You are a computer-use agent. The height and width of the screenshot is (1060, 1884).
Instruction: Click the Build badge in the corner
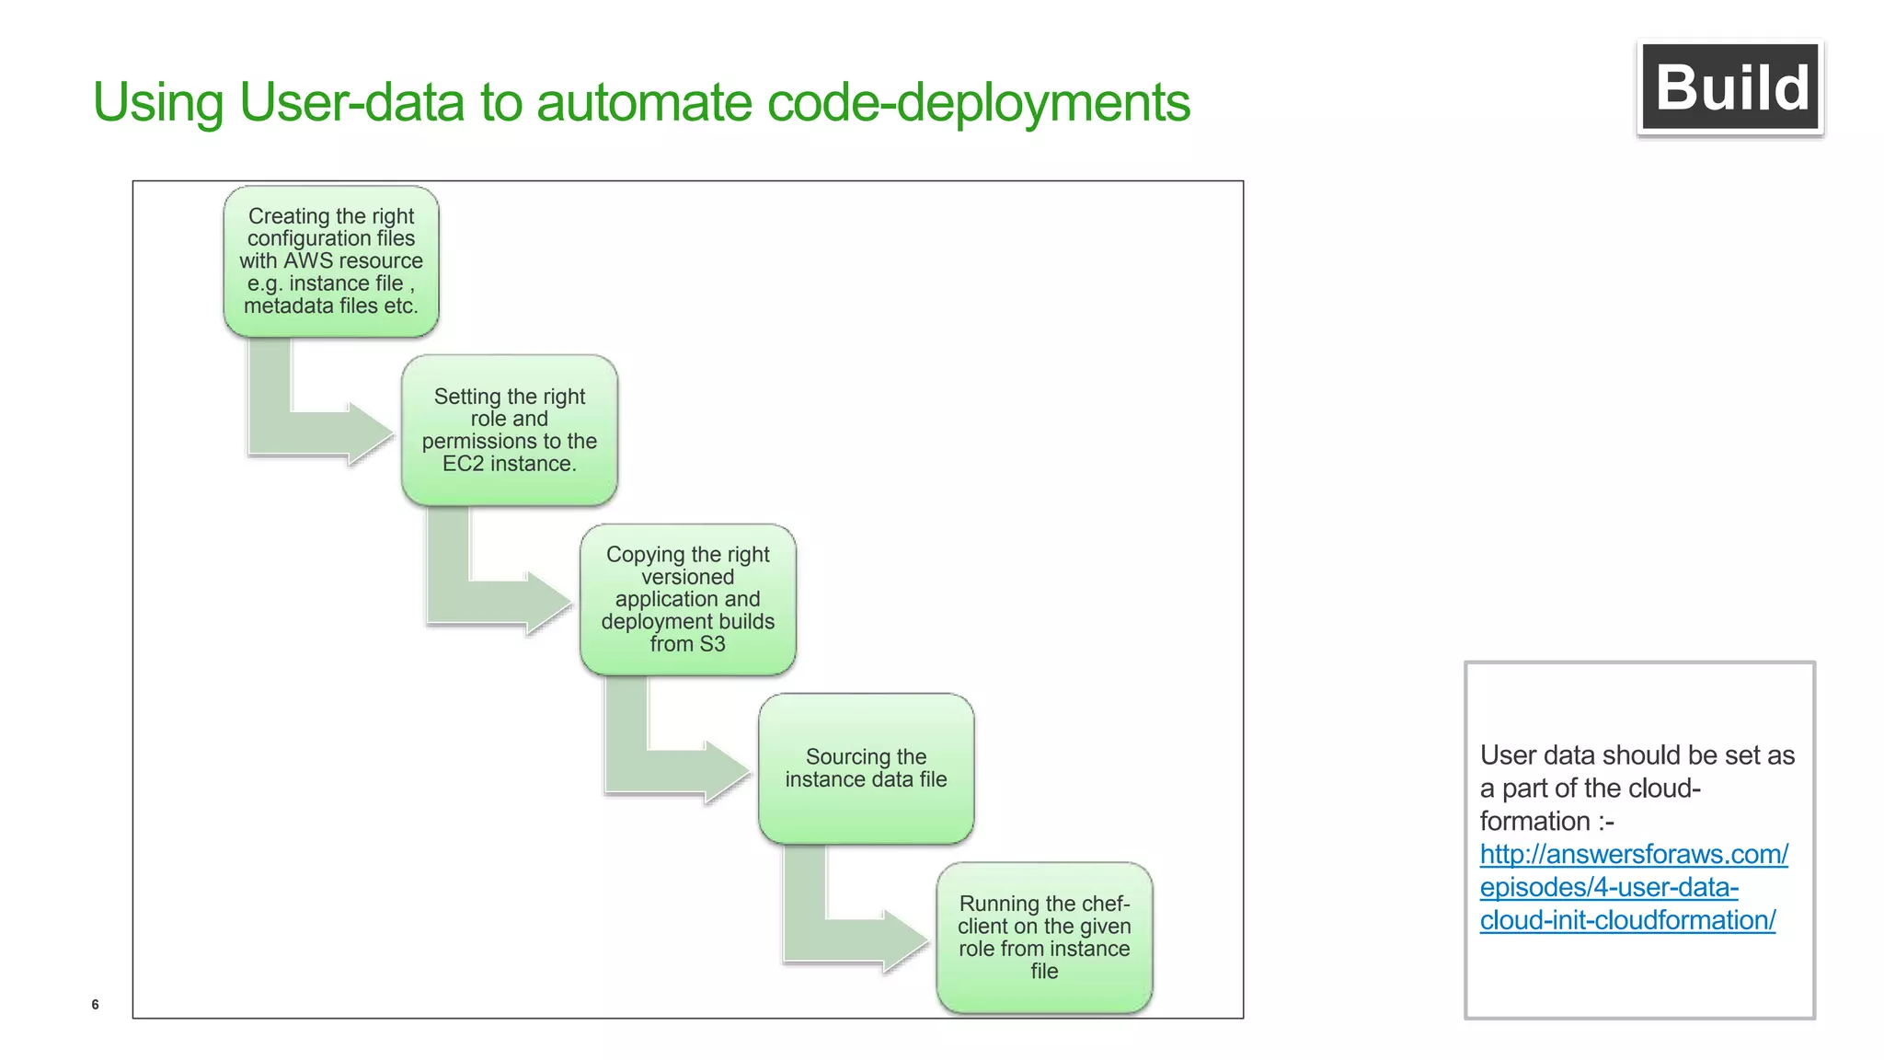click(1729, 87)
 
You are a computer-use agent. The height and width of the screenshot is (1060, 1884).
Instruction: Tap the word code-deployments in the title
click(978, 102)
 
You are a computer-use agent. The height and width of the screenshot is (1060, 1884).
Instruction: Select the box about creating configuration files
click(331, 260)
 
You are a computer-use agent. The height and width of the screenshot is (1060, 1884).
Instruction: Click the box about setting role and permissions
click(509, 430)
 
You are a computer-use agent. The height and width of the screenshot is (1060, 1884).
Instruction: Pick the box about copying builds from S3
click(687, 599)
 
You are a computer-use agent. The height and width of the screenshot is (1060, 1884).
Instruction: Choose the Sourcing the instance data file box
click(866, 768)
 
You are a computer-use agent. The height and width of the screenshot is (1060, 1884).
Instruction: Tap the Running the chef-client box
click(1044, 937)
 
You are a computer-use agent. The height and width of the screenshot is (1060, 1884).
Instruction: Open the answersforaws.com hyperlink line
click(1634, 854)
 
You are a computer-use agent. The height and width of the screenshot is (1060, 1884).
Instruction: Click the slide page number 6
click(95, 1004)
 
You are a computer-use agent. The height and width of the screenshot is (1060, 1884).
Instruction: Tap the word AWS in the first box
click(307, 260)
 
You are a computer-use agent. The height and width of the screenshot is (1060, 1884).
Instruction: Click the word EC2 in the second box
click(463, 464)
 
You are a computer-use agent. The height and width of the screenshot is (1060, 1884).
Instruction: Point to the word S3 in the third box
click(712, 644)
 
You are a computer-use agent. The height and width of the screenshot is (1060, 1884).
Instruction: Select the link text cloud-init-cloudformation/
click(1626, 920)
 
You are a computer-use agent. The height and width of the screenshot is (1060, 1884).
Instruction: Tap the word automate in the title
click(644, 102)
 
